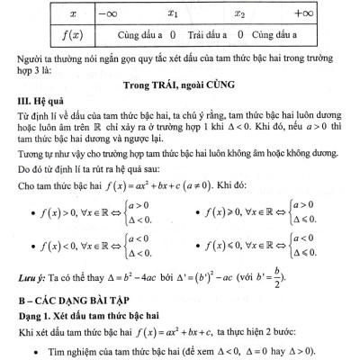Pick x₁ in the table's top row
pyautogui.click(x=175, y=13)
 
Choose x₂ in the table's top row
pyautogui.click(x=238, y=13)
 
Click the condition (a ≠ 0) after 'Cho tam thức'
pyautogui.click(x=233, y=191)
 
